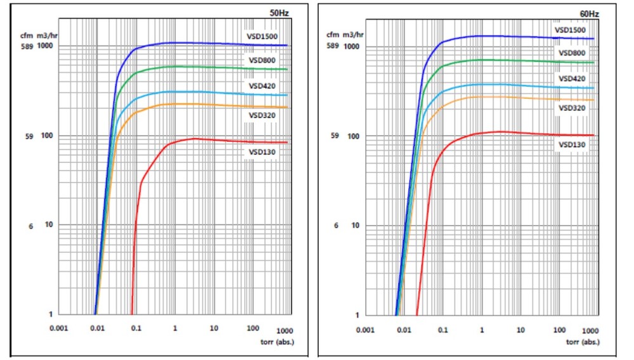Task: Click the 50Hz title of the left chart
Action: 281,13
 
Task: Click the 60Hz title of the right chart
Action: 589,13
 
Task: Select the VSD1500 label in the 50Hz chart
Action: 263,36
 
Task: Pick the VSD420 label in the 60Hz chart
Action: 571,79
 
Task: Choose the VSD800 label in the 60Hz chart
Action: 571,53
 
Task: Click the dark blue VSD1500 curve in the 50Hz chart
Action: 190,43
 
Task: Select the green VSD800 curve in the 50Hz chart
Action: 190,67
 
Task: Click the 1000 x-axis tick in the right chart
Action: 590,331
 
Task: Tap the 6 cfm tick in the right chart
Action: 336,226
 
